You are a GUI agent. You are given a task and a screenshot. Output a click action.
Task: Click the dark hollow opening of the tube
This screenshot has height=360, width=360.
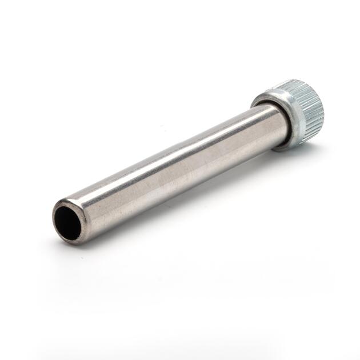[x=67, y=221]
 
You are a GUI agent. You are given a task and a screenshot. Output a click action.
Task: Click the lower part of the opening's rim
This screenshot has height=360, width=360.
[x=71, y=239]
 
